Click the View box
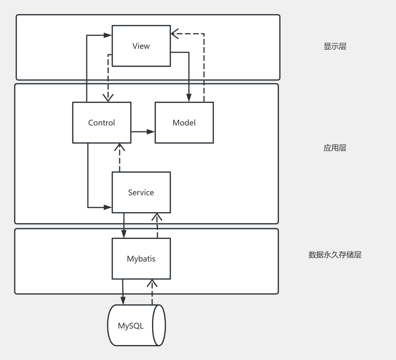[x=141, y=46]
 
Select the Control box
[x=101, y=122]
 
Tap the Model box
[x=184, y=122]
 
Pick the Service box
[x=141, y=192]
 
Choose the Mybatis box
[x=141, y=258]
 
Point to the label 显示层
[x=335, y=47]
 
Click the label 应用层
[x=335, y=148]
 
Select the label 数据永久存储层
[x=335, y=255]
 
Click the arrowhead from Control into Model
[x=151, y=132]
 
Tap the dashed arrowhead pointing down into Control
[x=108, y=98]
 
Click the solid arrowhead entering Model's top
[x=189, y=98]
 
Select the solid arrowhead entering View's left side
[x=108, y=35]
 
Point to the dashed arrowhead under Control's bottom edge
[x=120, y=147]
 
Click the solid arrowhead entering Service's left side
[x=108, y=207]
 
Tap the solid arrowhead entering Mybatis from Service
[x=123, y=234]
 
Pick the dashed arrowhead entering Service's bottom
[x=157, y=217]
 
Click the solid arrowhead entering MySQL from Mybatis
[x=123, y=300]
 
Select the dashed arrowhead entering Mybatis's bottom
[x=152, y=283]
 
